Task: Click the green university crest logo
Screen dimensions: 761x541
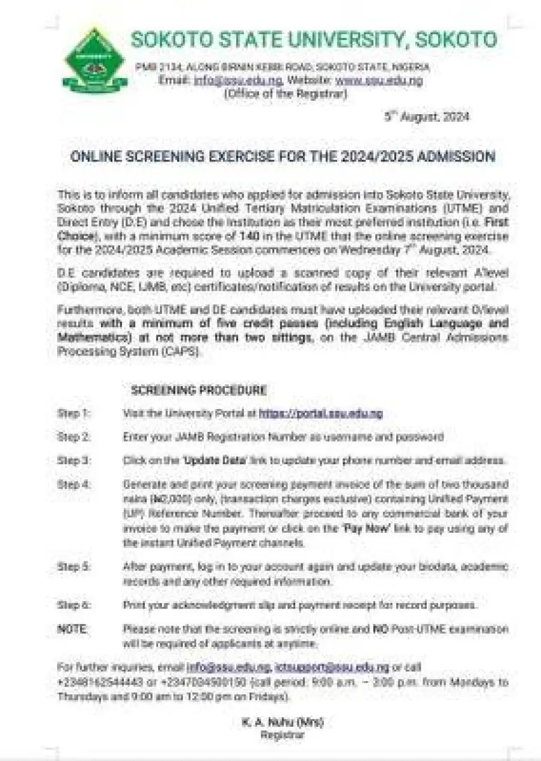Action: point(94,60)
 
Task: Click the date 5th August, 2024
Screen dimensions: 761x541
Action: point(427,117)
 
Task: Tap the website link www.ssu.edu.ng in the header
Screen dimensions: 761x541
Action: point(379,81)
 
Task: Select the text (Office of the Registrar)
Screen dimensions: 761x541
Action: point(285,94)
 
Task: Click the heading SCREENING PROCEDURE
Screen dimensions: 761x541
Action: point(198,390)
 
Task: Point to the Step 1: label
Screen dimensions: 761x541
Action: point(73,414)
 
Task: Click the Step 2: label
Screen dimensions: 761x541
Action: point(73,437)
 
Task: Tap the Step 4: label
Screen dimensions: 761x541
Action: point(73,484)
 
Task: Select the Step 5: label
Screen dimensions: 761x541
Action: point(73,567)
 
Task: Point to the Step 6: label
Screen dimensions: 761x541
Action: point(73,605)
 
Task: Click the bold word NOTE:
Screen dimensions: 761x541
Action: point(73,629)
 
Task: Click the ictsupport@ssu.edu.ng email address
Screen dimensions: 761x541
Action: point(332,667)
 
